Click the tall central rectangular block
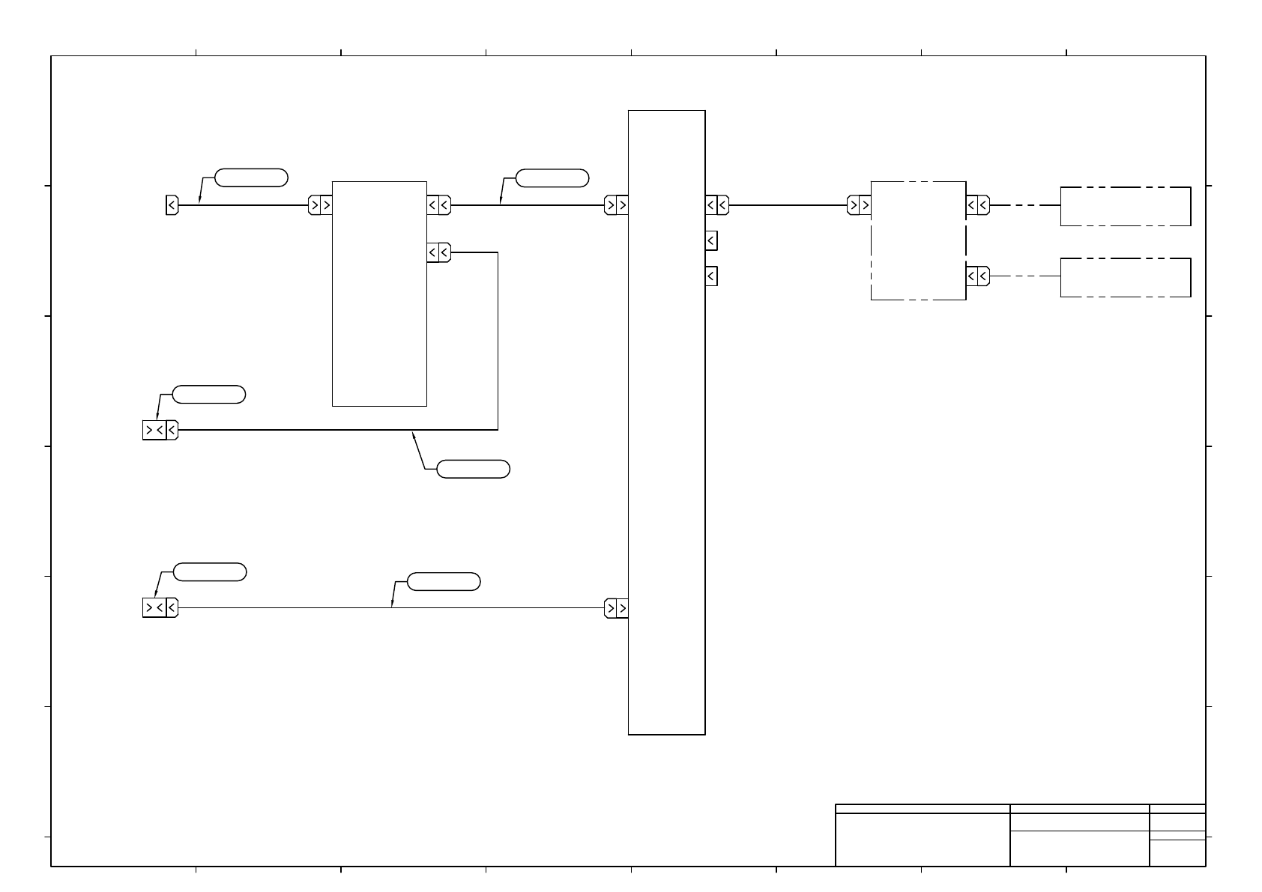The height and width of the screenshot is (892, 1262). click(666, 422)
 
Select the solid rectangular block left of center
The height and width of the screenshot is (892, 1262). click(379, 294)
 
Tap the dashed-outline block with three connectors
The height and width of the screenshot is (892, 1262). click(918, 240)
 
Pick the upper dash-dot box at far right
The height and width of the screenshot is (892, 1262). click(1125, 206)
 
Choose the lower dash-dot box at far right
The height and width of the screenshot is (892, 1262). click(1125, 277)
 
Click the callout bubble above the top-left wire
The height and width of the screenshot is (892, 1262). click(251, 178)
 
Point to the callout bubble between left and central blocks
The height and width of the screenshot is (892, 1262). click(552, 178)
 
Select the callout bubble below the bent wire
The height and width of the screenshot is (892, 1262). click(473, 470)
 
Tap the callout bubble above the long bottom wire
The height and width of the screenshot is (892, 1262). click(443, 581)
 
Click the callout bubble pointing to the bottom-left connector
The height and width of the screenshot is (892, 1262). click(210, 572)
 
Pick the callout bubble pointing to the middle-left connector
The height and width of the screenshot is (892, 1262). click(208, 394)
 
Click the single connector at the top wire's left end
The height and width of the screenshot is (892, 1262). click(172, 205)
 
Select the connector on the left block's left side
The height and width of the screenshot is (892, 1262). click(320, 205)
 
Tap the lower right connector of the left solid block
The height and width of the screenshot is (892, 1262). click(438, 253)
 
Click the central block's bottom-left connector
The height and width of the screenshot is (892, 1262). click(616, 608)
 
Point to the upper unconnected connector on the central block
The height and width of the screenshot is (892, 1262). click(711, 241)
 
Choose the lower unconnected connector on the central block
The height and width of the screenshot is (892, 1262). click(711, 276)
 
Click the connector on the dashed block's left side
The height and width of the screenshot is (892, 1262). click(859, 205)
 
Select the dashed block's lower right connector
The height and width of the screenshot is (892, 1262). click(977, 276)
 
